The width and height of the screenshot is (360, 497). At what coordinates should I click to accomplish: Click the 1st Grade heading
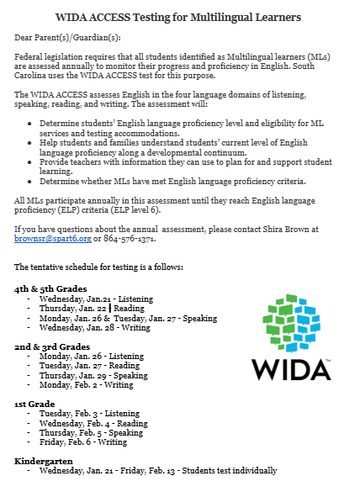click(x=35, y=404)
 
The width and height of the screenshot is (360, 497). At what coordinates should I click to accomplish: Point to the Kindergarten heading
click(x=44, y=462)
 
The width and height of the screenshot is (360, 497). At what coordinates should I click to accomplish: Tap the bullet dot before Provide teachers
click(x=30, y=161)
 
